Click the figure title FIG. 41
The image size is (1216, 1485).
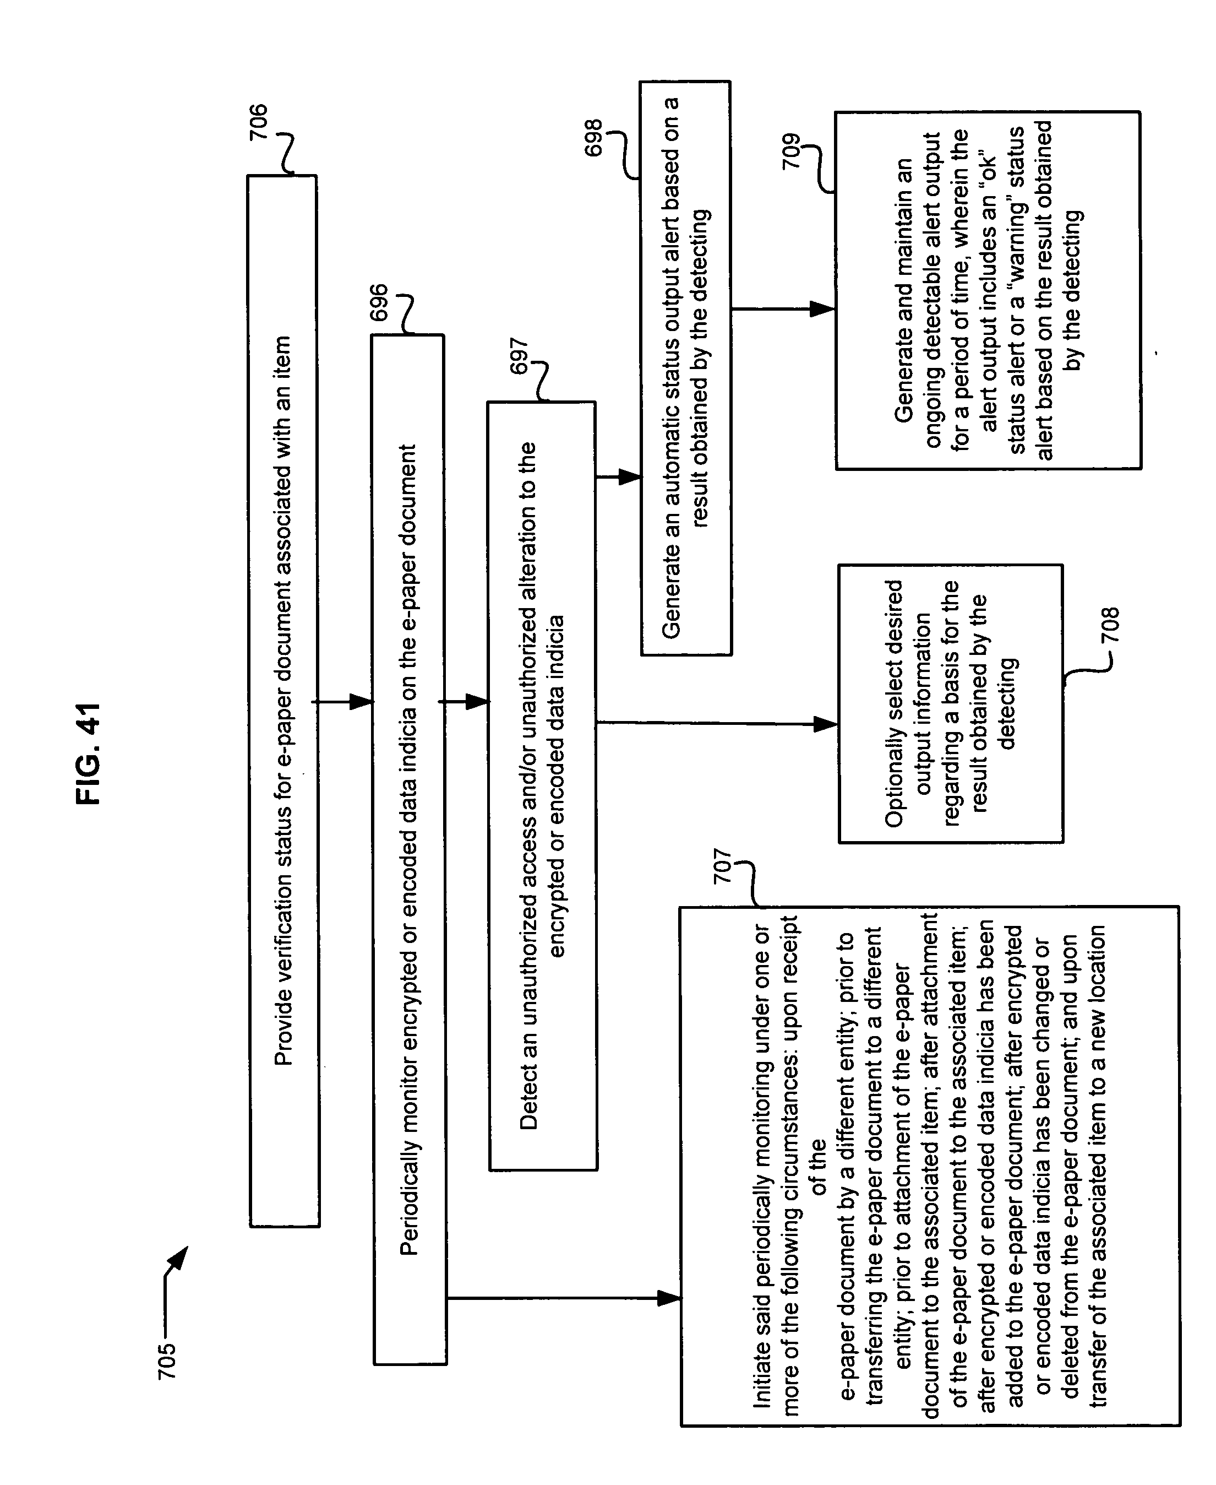click(x=89, y=754)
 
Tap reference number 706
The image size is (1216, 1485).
click(x=259, y=122)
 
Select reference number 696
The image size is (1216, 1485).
click(x=378, y=303)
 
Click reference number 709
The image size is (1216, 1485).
click(x=791, y=151)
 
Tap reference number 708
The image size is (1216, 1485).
click(x=1110, y=626)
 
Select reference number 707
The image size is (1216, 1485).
click(x=722, y=867)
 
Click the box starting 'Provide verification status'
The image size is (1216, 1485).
click(x=283, y=702)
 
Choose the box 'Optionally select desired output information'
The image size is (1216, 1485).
click(x=951, y=703)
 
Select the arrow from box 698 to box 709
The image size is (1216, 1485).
click(x=784, y=308)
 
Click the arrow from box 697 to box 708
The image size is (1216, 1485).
click(x=717, y=723)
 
